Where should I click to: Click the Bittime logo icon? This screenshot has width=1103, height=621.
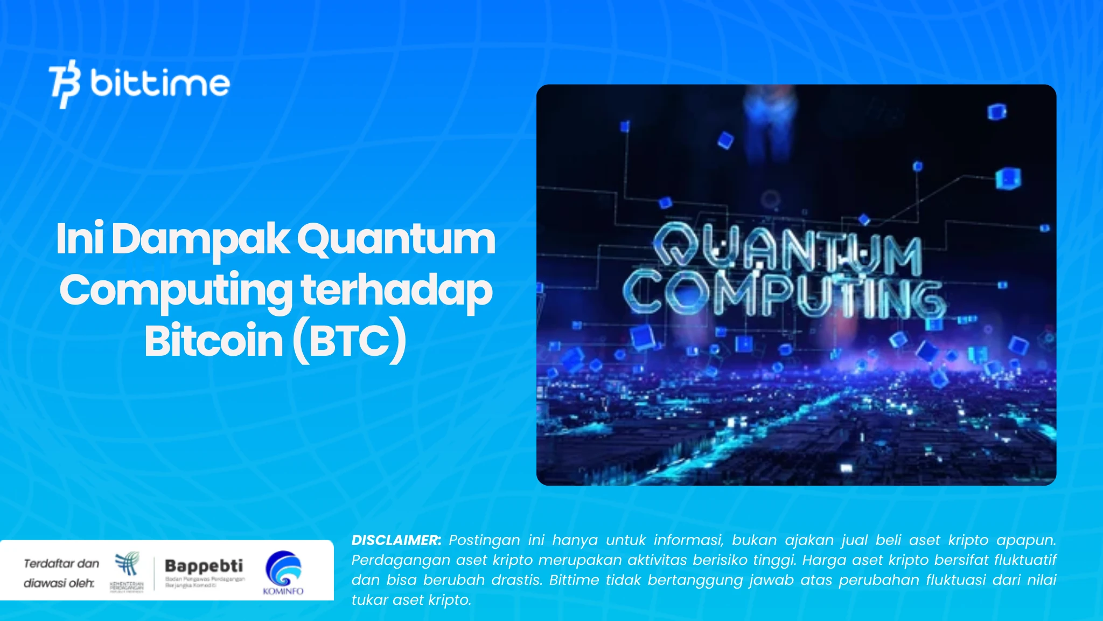coord(65,84)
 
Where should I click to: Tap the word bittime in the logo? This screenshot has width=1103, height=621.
coord(160,84)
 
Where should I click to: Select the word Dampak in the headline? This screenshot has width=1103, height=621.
coord(200,239)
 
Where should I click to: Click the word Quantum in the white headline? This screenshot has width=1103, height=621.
coord(396,239)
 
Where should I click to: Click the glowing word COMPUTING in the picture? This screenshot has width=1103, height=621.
coord(784,296)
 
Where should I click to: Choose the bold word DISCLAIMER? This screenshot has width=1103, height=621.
coord(396,540)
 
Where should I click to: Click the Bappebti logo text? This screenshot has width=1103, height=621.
coord(204,566)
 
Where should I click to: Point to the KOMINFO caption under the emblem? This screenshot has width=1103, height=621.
coord(283,591)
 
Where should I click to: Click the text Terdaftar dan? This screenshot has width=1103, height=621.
coord(61,564)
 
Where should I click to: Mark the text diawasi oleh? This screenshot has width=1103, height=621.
coord(59,583)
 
